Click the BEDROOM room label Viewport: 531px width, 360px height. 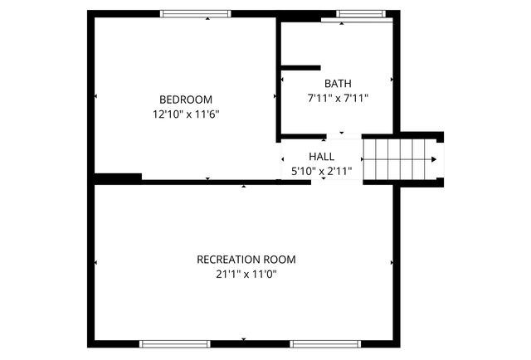pos(186,99)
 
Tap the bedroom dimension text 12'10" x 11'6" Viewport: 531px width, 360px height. pos(186,114)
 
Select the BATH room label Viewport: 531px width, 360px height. pos(338,83)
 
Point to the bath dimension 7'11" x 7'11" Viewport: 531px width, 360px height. pos(338,98)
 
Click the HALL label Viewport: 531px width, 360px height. pos(321,156)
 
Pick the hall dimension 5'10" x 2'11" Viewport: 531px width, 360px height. pos(321,171)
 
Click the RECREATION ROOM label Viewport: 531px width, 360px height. pos(246,259)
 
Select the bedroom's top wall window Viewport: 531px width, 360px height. pos(195,13)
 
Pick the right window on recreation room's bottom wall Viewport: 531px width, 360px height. pos(324,343)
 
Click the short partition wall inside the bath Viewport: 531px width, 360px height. pos(300,67)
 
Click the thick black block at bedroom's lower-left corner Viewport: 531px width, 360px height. pos(117,177)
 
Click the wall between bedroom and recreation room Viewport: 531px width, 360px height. pos(207,182)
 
